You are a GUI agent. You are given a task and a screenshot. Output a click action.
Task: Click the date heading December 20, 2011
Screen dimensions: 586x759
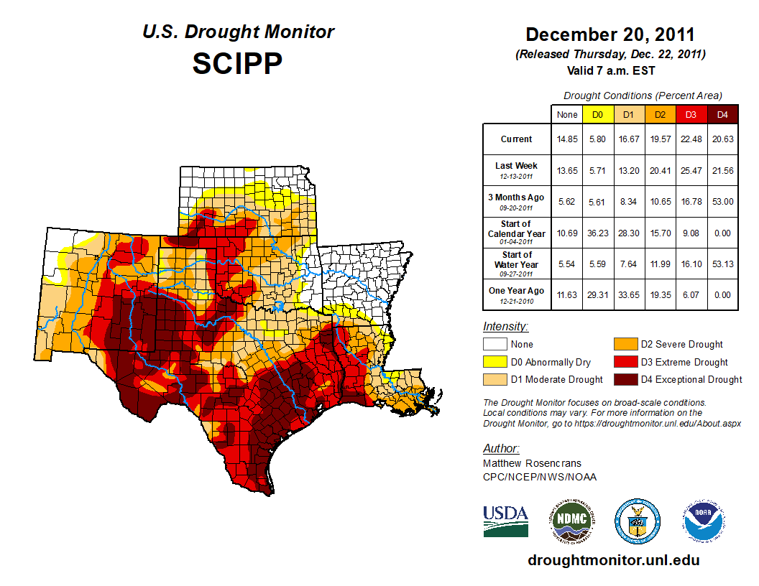(610, 34)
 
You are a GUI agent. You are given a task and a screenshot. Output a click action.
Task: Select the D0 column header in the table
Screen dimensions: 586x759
(597, 115)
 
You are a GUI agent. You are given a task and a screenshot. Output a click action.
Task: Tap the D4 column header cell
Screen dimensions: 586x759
(722, 115)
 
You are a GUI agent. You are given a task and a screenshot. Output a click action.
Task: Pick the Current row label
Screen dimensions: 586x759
(517, 139)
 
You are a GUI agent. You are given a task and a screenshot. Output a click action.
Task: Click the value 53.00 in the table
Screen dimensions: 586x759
(722, 202)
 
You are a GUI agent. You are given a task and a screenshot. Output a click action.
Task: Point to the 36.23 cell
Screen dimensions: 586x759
(597, 233)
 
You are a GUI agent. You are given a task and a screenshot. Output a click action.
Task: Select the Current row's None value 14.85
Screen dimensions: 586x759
(566, 139)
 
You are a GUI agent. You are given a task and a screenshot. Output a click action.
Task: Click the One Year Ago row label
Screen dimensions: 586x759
(517, 295)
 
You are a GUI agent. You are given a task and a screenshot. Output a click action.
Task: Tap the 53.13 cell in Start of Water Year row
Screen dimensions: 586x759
(722, 264)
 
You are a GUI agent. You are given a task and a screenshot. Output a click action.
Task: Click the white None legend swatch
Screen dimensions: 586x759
(495, 345)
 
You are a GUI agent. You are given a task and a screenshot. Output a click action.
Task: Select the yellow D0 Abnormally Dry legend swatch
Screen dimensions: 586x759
(495, 362)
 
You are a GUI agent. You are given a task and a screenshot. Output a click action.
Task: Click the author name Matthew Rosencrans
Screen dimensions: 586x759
(531, 463)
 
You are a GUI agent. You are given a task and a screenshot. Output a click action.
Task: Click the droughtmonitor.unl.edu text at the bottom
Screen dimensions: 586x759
(613, 560)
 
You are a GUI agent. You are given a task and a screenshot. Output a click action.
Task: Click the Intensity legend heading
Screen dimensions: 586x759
(506, 327)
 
